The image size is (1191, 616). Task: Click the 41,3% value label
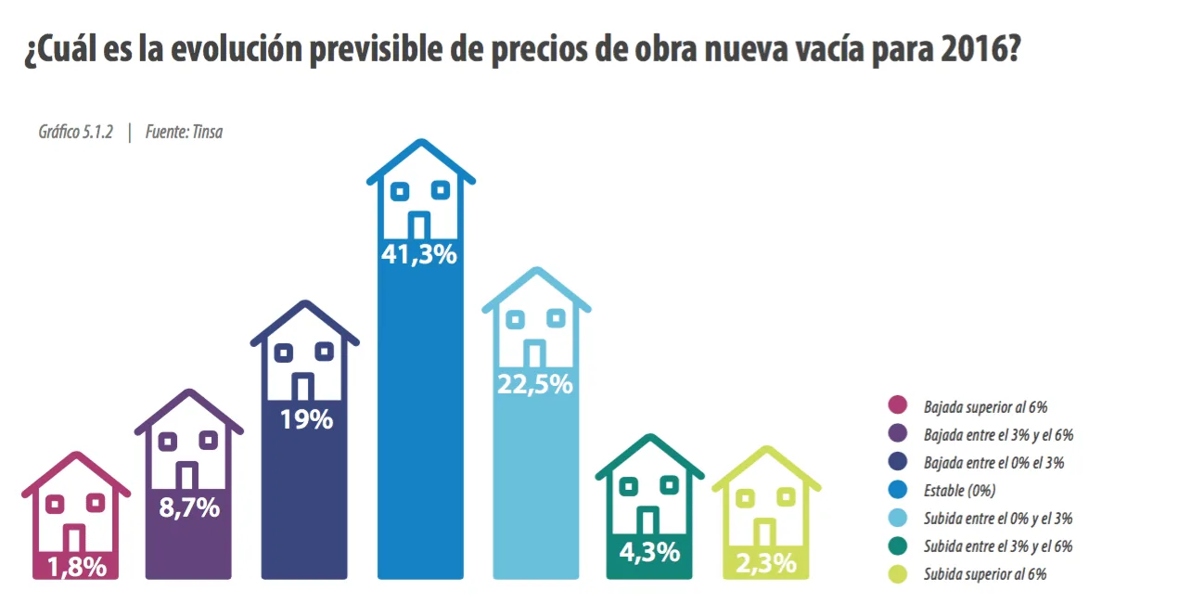[420, 254]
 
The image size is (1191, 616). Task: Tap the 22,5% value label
[534, 383]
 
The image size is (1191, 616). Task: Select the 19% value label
[305, 419]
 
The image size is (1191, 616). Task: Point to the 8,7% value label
[188, 507]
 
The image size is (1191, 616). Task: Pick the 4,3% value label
[649, 552]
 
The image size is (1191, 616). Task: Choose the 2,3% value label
[765, 562]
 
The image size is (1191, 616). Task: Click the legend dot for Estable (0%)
[897, 491]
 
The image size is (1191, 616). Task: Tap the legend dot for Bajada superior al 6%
[897, 405]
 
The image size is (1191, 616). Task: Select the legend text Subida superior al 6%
[985, 575]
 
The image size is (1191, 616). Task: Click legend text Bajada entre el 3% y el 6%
[998, 434]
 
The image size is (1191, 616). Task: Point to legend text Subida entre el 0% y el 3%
[998, 519]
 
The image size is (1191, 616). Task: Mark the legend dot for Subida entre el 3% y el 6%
[897, 546]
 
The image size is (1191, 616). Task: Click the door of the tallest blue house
[420, 225]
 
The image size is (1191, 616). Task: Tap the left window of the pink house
[55, 503]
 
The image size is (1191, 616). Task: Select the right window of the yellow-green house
[786, 498]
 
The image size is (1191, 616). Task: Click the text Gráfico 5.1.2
[75, 132]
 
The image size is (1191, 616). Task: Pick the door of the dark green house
[648, 520]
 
